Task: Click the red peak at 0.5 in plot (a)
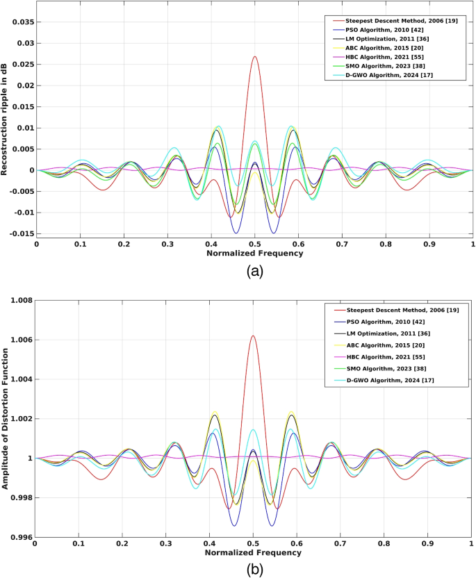click(254, 57)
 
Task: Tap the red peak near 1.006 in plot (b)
click(253, 336)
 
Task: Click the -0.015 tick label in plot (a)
click(19, 234)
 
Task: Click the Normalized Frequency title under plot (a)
click(254, 254)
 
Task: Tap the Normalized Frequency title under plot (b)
click(254, 552)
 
